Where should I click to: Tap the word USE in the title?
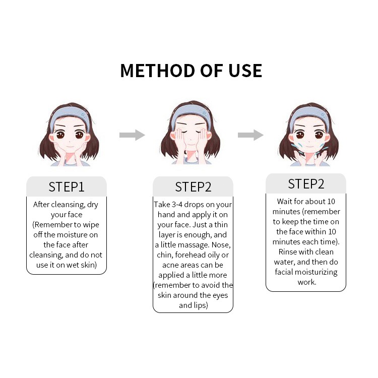click(x=245, y=71)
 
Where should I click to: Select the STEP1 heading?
click(x=67, y=187)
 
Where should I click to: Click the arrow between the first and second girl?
click(x=132, y=135)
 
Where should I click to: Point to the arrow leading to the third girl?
click(x=250, y=135)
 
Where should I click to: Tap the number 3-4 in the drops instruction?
click(x=177, y=205)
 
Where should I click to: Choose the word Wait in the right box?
click(x=285, y=201)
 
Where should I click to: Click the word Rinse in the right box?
click(x=287, y=251)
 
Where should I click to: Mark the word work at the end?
click(x=306, y=282)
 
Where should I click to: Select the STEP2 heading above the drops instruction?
click(x=193, y=187)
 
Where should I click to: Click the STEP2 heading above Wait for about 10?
click(x=306, y=184)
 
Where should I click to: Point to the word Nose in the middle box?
click(x=221, y=245)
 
